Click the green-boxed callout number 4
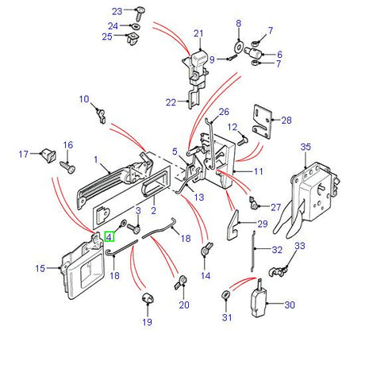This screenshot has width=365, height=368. tap(109, 236)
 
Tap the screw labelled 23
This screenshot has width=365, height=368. tap(140, 13)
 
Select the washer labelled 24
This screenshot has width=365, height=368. tap(136, 26)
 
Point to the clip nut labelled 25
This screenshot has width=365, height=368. tap(133, 39)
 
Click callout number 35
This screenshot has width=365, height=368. tap(305, 147)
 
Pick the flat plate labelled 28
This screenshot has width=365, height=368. tap(263, 122)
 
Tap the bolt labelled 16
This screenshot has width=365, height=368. tap(67, 167)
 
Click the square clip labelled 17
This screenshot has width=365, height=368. tap(48, 155)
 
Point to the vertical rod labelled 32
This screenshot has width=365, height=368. tap(253, 251)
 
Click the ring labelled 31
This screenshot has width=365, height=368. tap(226, 295)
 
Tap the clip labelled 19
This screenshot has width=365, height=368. tap(148, 298)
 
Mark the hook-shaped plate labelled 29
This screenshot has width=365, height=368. tap(233, 225)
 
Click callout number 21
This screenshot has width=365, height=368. tap(198, 33)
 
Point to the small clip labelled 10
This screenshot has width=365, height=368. tap(101, 116)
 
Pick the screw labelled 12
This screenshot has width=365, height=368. tap(242, 140)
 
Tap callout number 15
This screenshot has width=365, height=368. tap(40, 269)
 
